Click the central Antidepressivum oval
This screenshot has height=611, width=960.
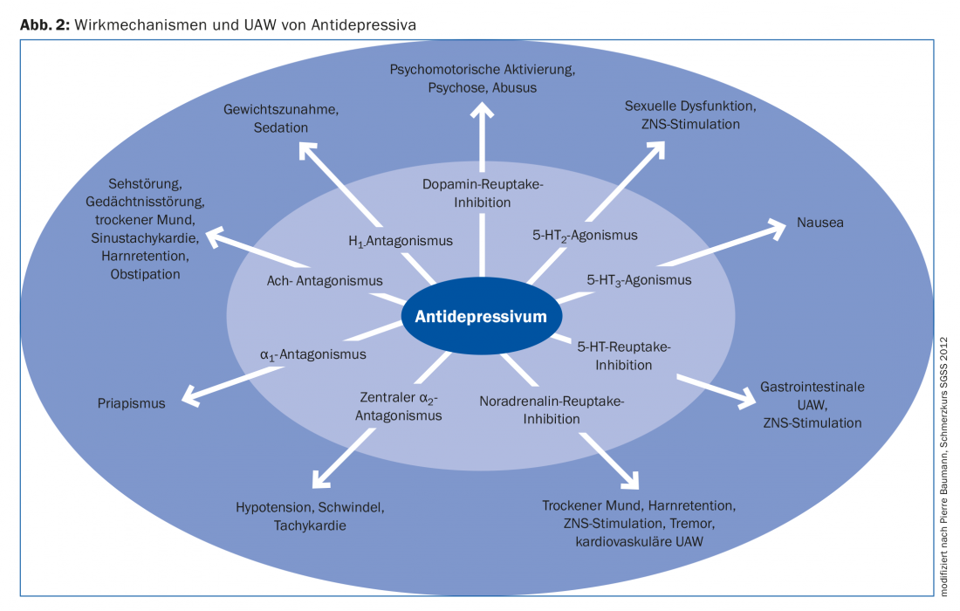(481, 317)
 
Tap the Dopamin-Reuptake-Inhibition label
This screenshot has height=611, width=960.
(483, 193)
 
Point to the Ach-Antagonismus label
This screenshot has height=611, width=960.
(325, 281)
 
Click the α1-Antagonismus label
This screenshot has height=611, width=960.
(312, 354)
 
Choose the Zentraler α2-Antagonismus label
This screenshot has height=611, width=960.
(398, 407)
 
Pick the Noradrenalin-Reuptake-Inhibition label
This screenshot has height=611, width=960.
(552, 410)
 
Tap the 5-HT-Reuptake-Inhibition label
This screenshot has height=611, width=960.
(624, 356)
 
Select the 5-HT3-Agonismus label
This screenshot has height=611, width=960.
(639, 280)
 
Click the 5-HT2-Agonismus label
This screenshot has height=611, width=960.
(585, 235)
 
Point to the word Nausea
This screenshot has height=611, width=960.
(819, 223)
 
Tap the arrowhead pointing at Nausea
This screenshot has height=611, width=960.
(776, 228)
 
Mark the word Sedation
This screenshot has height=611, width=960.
(281, 127)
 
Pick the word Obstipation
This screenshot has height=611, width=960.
(145, 274)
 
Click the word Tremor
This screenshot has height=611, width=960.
(693, 523)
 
